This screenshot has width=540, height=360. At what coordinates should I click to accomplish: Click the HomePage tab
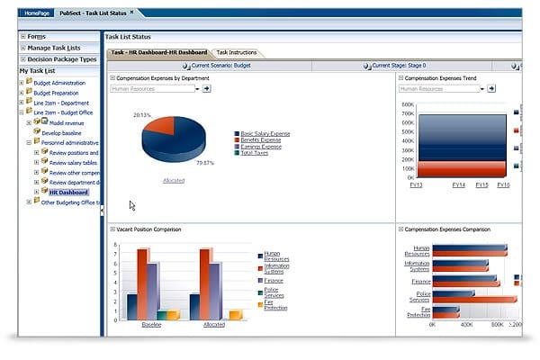(x=38, y=13)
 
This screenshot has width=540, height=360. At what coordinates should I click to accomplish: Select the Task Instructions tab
(x=236, y=53)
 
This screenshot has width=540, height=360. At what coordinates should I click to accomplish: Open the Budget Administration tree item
(x=58, y=83)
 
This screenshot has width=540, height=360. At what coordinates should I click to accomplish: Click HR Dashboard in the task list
(x=68, y=192)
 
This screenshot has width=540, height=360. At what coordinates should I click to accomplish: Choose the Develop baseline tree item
(x=60, y=131)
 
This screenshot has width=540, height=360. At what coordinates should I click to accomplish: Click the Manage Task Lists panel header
(x=53, y=47)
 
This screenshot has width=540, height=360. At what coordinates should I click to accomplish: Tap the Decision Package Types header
(x=61, y=58)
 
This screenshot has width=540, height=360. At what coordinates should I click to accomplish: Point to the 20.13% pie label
(x=141, y=115)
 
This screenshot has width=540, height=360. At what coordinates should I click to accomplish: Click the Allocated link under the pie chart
(x=174, y=181)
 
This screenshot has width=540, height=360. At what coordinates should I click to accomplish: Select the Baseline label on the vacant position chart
(x=153, y=323)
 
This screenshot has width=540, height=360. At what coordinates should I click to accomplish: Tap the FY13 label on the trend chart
(x=417, y=184)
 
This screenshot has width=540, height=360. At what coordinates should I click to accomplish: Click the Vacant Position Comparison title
(x=148, y=229)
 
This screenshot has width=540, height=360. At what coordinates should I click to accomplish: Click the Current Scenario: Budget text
(x=219, y=66)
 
